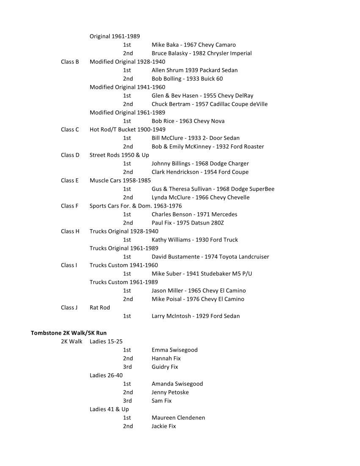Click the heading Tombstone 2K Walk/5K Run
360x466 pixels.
click(68, 333)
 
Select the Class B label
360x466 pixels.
click(70, 62)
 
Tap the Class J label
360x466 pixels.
click(69, 308)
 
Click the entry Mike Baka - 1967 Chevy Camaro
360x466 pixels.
click(194, 45)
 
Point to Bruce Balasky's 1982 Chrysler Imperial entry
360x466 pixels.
click(202, 53)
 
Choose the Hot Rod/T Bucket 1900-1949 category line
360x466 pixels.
click(127, 130)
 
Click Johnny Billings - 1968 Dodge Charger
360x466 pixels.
click(200, 164)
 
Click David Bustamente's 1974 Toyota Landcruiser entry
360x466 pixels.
click(210, 257)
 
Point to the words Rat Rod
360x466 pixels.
click(100, 308)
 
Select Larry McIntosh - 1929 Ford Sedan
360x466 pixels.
click(196, 316)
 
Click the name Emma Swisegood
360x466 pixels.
click(174, 350)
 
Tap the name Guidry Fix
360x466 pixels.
click(165, 367)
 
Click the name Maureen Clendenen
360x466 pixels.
click(178, 418)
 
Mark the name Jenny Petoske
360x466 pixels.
click(170, 392)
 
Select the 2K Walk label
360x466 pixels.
click(72, 341)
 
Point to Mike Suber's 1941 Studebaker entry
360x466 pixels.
click(202, 274)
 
